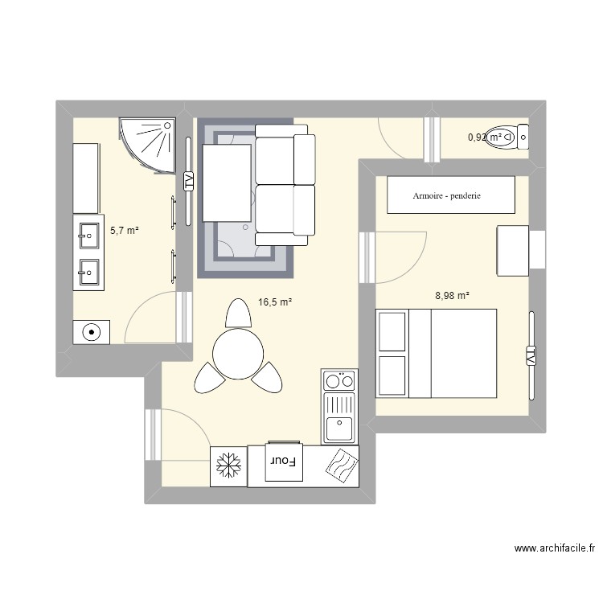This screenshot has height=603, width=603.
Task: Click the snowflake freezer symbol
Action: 228,466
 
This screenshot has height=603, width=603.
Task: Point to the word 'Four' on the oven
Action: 283,462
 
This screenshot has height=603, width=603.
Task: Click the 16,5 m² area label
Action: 274,302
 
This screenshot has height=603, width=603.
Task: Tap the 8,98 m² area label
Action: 452,295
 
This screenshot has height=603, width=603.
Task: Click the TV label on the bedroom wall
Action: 531,354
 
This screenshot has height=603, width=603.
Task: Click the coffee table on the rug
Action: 228,183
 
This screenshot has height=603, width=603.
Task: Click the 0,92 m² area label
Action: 486,137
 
